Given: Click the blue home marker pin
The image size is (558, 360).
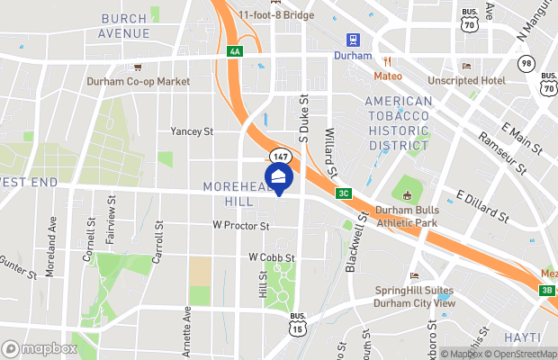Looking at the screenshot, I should tap(278, 177).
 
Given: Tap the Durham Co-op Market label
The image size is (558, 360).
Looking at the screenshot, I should tap(139, 81).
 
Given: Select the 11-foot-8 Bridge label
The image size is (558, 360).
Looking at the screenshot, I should tap(275, 14).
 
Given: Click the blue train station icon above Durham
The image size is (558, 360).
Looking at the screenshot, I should tap(352, 40).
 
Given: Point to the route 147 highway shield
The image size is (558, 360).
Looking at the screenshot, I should tap(281, 157).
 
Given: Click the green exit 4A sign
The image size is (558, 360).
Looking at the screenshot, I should tap(235, 52).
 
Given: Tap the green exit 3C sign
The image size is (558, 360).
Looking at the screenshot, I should tap(343, 193).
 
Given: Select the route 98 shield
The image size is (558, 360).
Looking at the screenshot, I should tap(526, 62).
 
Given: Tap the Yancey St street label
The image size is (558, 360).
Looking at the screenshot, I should tap(192, 131).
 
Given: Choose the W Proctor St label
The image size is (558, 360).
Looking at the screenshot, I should tap(241, 226).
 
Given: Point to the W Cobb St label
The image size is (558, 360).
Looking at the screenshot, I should tap(272, 257).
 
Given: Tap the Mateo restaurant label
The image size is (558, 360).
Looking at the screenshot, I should tap(388, 76).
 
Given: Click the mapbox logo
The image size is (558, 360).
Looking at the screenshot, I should tap(40, 348).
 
